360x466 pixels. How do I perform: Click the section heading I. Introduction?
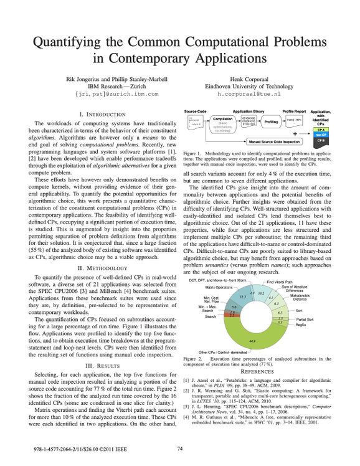[x=104, y=115]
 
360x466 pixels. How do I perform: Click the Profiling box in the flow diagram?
[x=272, y=122]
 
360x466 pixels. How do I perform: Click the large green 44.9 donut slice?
[x=252, y=340]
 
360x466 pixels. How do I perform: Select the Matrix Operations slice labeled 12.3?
[x=243, y=297]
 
